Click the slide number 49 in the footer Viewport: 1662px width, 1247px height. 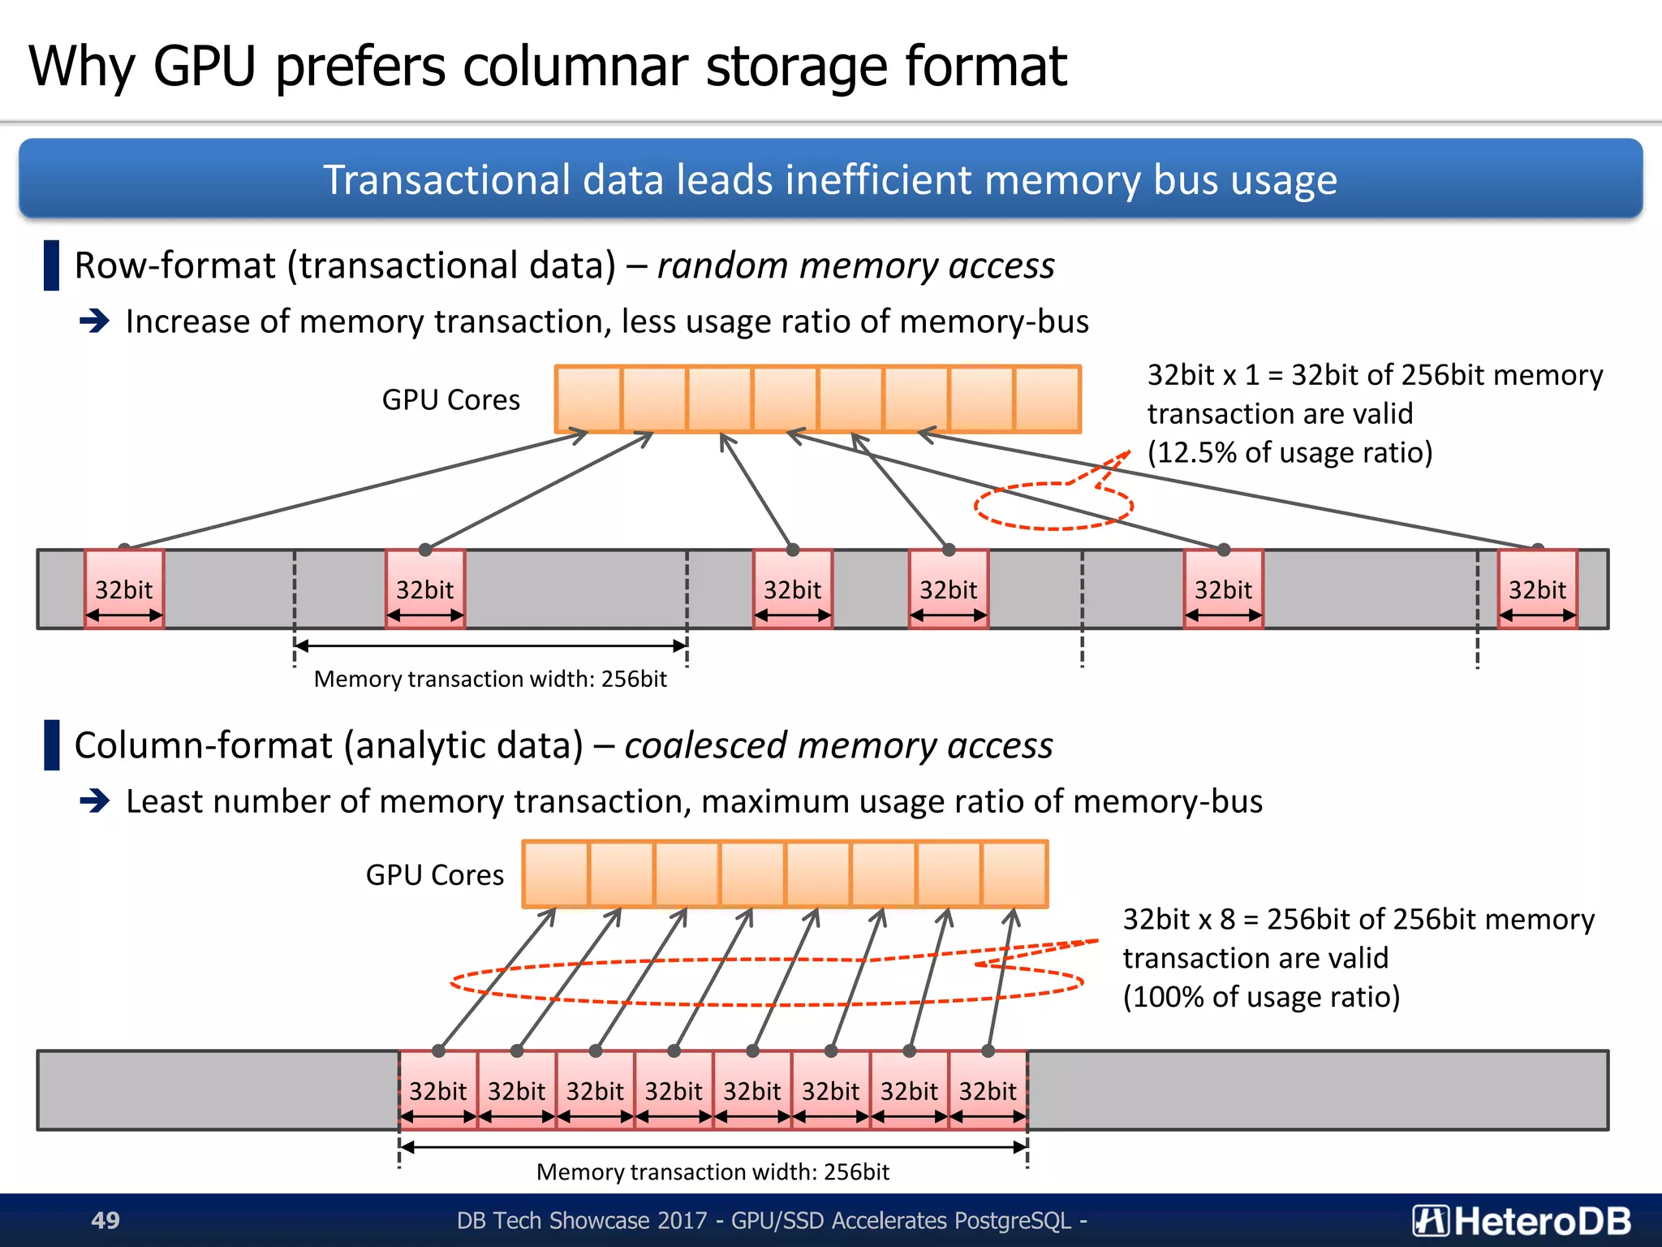105,1219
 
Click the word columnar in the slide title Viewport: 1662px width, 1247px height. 576,67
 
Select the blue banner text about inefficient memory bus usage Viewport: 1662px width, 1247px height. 829,179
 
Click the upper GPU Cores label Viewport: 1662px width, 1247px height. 450,399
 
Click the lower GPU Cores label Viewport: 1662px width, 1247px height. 434,874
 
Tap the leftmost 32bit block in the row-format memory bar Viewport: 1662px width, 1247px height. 124,589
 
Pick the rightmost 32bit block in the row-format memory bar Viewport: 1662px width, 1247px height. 1537,589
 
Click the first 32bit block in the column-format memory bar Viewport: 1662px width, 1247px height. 438,1090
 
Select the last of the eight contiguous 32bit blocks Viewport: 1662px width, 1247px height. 988,1090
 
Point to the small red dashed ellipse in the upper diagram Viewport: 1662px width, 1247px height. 1053,506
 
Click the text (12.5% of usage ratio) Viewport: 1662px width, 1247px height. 1290,452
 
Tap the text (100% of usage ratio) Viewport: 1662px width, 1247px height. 1261,996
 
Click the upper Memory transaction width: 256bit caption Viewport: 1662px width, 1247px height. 490,679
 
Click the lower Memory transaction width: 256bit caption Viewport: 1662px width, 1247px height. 713,1171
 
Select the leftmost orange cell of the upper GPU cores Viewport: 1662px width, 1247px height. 588,399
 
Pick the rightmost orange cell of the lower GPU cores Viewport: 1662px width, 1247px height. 1014,874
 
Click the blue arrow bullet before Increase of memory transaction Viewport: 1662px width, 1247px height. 95,321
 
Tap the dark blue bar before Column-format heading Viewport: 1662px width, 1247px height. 52,744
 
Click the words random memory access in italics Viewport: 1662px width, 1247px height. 855,265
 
